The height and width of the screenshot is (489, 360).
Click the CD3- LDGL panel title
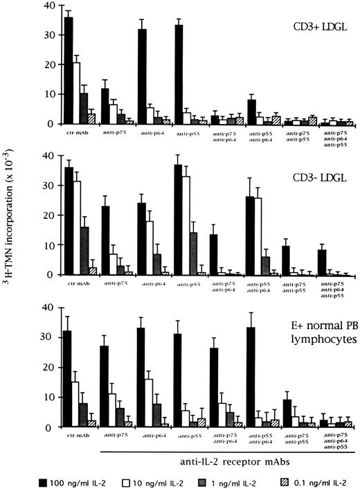pyautogui.click(x=318, y=170)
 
